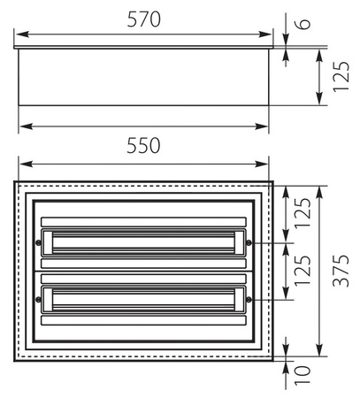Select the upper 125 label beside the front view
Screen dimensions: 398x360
pos(303,212)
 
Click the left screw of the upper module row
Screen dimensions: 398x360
pos(38,242)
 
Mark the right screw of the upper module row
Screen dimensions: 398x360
pos(249,242)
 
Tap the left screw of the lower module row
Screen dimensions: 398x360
pos(38,300)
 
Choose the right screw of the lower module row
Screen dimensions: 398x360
pos(249,300)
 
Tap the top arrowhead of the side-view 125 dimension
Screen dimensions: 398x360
pos(319,51)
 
